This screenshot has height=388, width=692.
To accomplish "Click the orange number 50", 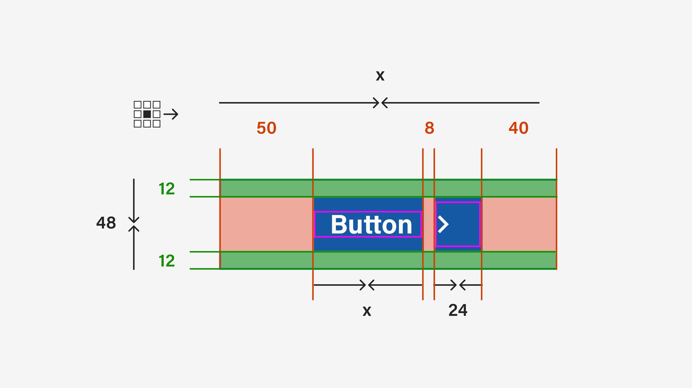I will tap(266, 128).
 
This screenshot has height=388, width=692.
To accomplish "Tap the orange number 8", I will tap(429, 128).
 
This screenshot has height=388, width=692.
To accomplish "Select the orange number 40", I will tap(518, 128).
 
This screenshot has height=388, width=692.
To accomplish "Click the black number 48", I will tap(106, 223).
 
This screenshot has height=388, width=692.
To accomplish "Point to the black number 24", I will tap(458, 310).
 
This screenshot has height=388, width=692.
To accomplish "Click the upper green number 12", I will tap(167, 189).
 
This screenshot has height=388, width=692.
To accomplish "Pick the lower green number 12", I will tap(167, 261).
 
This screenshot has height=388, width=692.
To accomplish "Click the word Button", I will tap(371, 225).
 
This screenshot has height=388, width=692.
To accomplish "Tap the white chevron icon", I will tap(443, 224).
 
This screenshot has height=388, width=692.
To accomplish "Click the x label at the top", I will tap(380, 75).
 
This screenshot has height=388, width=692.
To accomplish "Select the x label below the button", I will tap(367, 311).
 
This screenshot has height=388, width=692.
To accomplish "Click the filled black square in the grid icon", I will tap(147, 114).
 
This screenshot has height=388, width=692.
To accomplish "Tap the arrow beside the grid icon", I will tap(171, 114).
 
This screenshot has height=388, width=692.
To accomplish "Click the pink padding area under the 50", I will tap(266, 224).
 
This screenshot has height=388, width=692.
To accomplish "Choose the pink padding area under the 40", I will tap(519, 224).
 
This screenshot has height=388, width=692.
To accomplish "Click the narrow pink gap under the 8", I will tap(429, 224).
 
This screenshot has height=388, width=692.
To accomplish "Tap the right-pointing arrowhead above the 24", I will tap(453, 285).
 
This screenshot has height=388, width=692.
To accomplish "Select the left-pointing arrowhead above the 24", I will tap(463, 285).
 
